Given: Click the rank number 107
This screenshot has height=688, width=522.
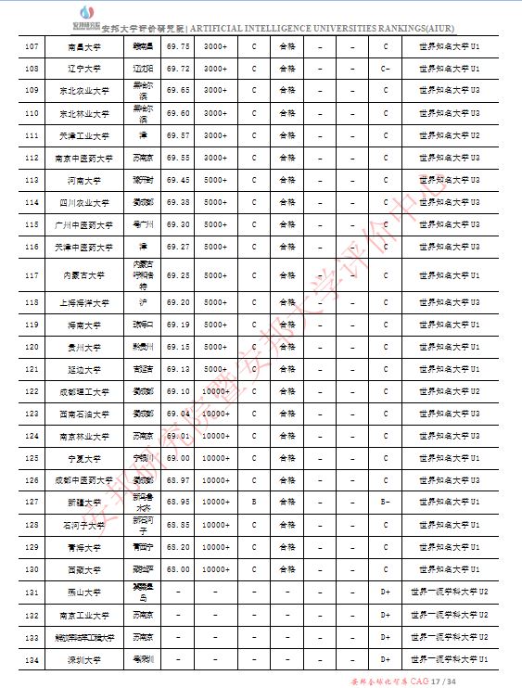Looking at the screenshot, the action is (x=32, y=46).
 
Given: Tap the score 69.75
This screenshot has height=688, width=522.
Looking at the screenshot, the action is (x=178, y=46).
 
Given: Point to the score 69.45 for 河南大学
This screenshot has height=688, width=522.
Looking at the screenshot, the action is (x=178, y=180).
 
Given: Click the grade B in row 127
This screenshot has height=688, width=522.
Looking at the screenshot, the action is (x=254, y=502).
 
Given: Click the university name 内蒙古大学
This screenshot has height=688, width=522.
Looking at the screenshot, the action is (x=85, y=276).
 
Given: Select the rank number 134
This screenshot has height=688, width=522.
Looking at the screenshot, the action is (x=32, y=659).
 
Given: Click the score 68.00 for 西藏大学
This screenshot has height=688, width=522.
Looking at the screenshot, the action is (x=178, y=569).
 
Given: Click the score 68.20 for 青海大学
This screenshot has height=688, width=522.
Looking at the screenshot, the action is (x=178, y=547).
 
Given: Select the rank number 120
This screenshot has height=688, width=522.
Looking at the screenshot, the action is (x=32, y=347).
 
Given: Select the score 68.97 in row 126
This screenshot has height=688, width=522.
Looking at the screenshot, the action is (x=178, y=479).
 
